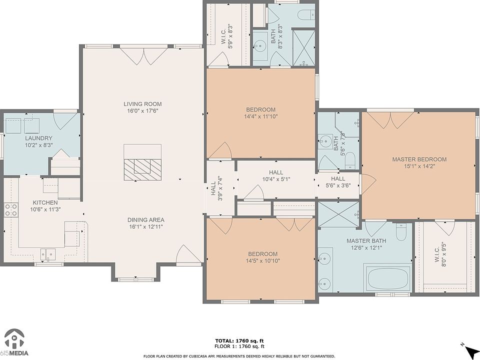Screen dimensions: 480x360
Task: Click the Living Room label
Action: click(142, 104)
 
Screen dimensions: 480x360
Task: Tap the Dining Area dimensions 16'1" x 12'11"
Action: click(146, 227)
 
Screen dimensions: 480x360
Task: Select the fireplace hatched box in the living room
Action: click(142, 169)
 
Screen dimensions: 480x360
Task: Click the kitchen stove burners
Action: click(10, 209)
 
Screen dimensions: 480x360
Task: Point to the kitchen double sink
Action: click(48, 254)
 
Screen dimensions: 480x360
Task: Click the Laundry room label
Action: click(38, 138)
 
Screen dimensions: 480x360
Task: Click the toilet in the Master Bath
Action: click(400, 231)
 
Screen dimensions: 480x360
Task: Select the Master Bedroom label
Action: click(419, 159)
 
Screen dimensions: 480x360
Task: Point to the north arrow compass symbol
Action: click(470, 348)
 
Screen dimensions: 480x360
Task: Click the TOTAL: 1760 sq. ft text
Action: click(239, 340)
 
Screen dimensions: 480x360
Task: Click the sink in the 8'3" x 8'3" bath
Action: click(260, 47)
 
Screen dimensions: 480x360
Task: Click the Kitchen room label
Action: click(45, 202)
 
